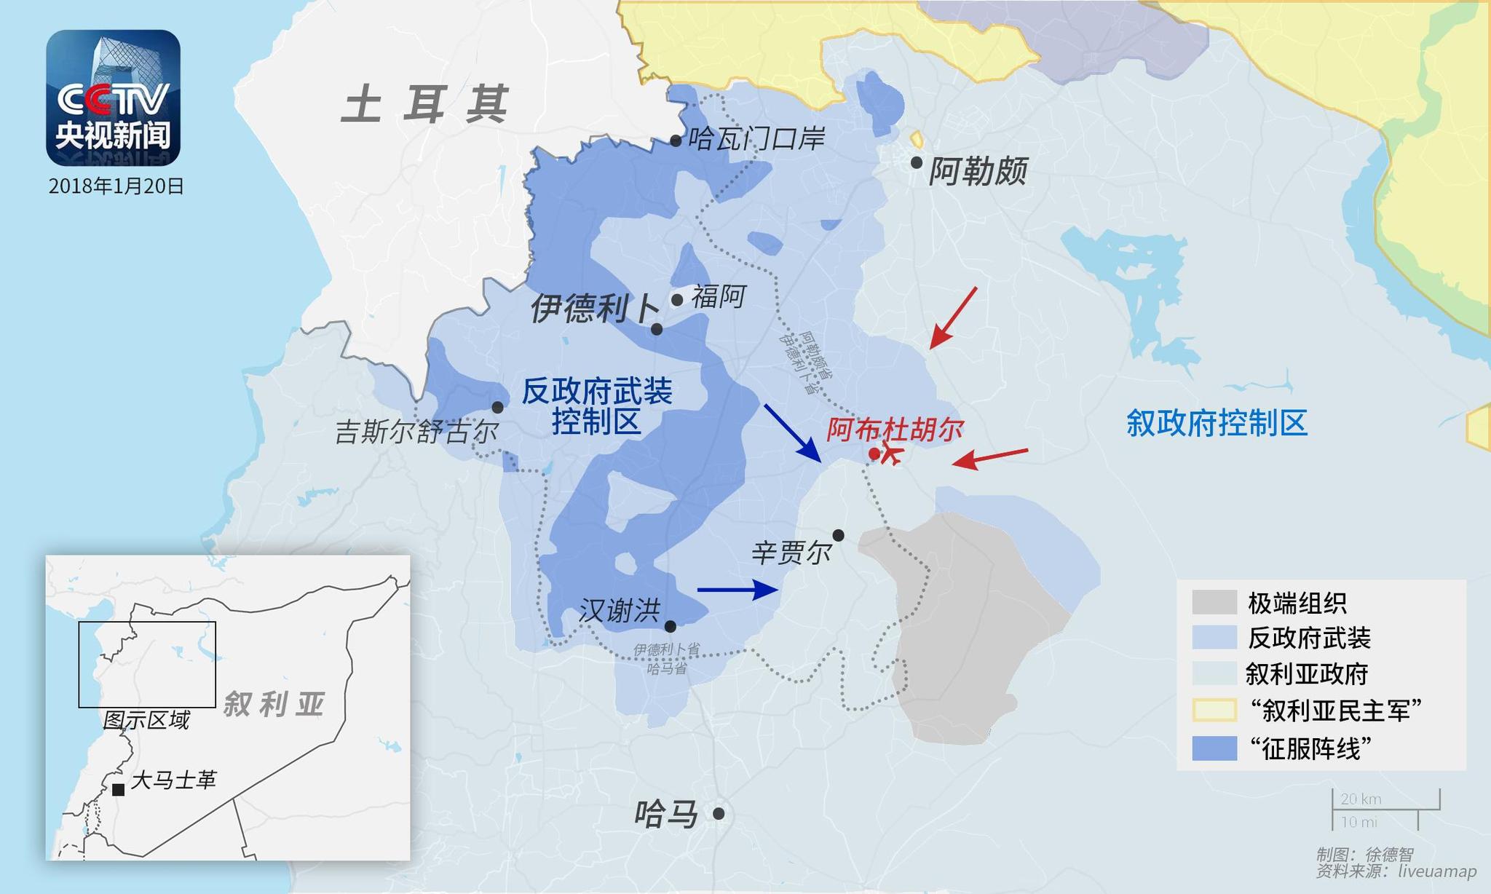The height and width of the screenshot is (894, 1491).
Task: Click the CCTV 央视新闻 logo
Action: (113, 98)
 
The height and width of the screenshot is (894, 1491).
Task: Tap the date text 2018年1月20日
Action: (116, 186)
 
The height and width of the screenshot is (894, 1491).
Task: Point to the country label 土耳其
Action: (424, 104)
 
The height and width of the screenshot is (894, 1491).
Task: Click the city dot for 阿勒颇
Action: (917, 162)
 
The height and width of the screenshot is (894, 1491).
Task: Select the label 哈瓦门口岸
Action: (756, 138)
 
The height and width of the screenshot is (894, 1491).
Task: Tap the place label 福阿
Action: (718, 297)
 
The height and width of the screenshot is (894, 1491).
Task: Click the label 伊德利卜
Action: (594, 309)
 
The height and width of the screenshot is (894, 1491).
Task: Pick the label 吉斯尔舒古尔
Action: (416, 432)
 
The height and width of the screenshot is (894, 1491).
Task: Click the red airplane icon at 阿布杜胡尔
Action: (891, 454)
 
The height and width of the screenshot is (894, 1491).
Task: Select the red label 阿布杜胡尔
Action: (895, 430)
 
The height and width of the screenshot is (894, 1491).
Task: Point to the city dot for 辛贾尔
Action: (838, 535)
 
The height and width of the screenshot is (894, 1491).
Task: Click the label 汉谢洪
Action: (620, 611)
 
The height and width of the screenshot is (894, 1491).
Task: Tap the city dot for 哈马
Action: (719, 814)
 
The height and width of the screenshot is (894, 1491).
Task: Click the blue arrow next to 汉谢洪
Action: (737, 589)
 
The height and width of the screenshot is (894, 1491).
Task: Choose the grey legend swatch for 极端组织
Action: (1214, 603)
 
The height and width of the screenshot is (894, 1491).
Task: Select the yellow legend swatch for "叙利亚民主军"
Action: (1214, 710)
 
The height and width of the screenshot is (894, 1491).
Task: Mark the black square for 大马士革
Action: (118, 789)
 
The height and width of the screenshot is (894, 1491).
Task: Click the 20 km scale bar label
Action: (1361, 799)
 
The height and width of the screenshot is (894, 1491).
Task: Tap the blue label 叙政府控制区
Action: (1217, 423)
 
